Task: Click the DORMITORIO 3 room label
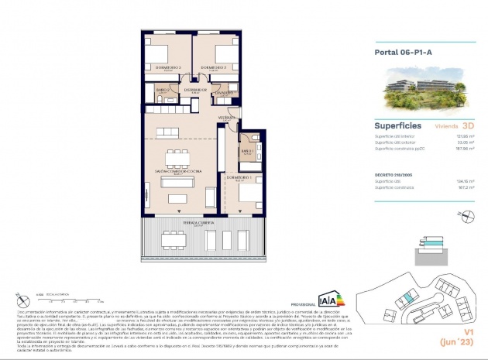pyautogui.click(x=168, y=68)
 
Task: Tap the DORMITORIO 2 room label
pyautogui.click(x=213, y=68)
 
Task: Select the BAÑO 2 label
pyautogui.click(x=163, y=91)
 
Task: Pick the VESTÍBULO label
pyautogui.click(x=226, y=118)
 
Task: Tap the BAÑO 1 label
pyautogui.click(x=247, y=151)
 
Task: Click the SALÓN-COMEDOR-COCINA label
pyautogui.click(x=178, y=171)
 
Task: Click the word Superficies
pyautogui.click(x=397, y=125)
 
